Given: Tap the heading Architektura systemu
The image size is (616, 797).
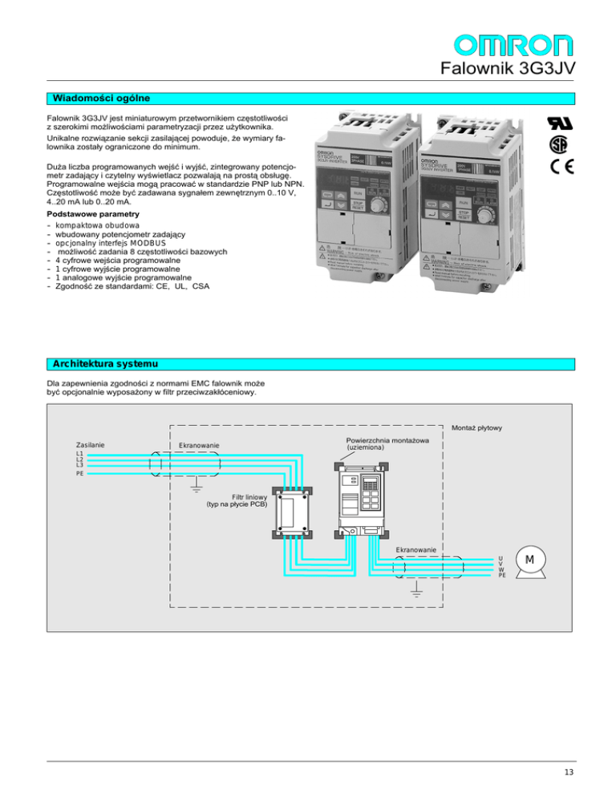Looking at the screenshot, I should click(x=100, y=365).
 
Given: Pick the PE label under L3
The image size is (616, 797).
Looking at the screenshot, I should click(x=79, y=474).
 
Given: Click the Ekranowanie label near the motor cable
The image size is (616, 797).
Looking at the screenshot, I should click(x=415, y=549).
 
